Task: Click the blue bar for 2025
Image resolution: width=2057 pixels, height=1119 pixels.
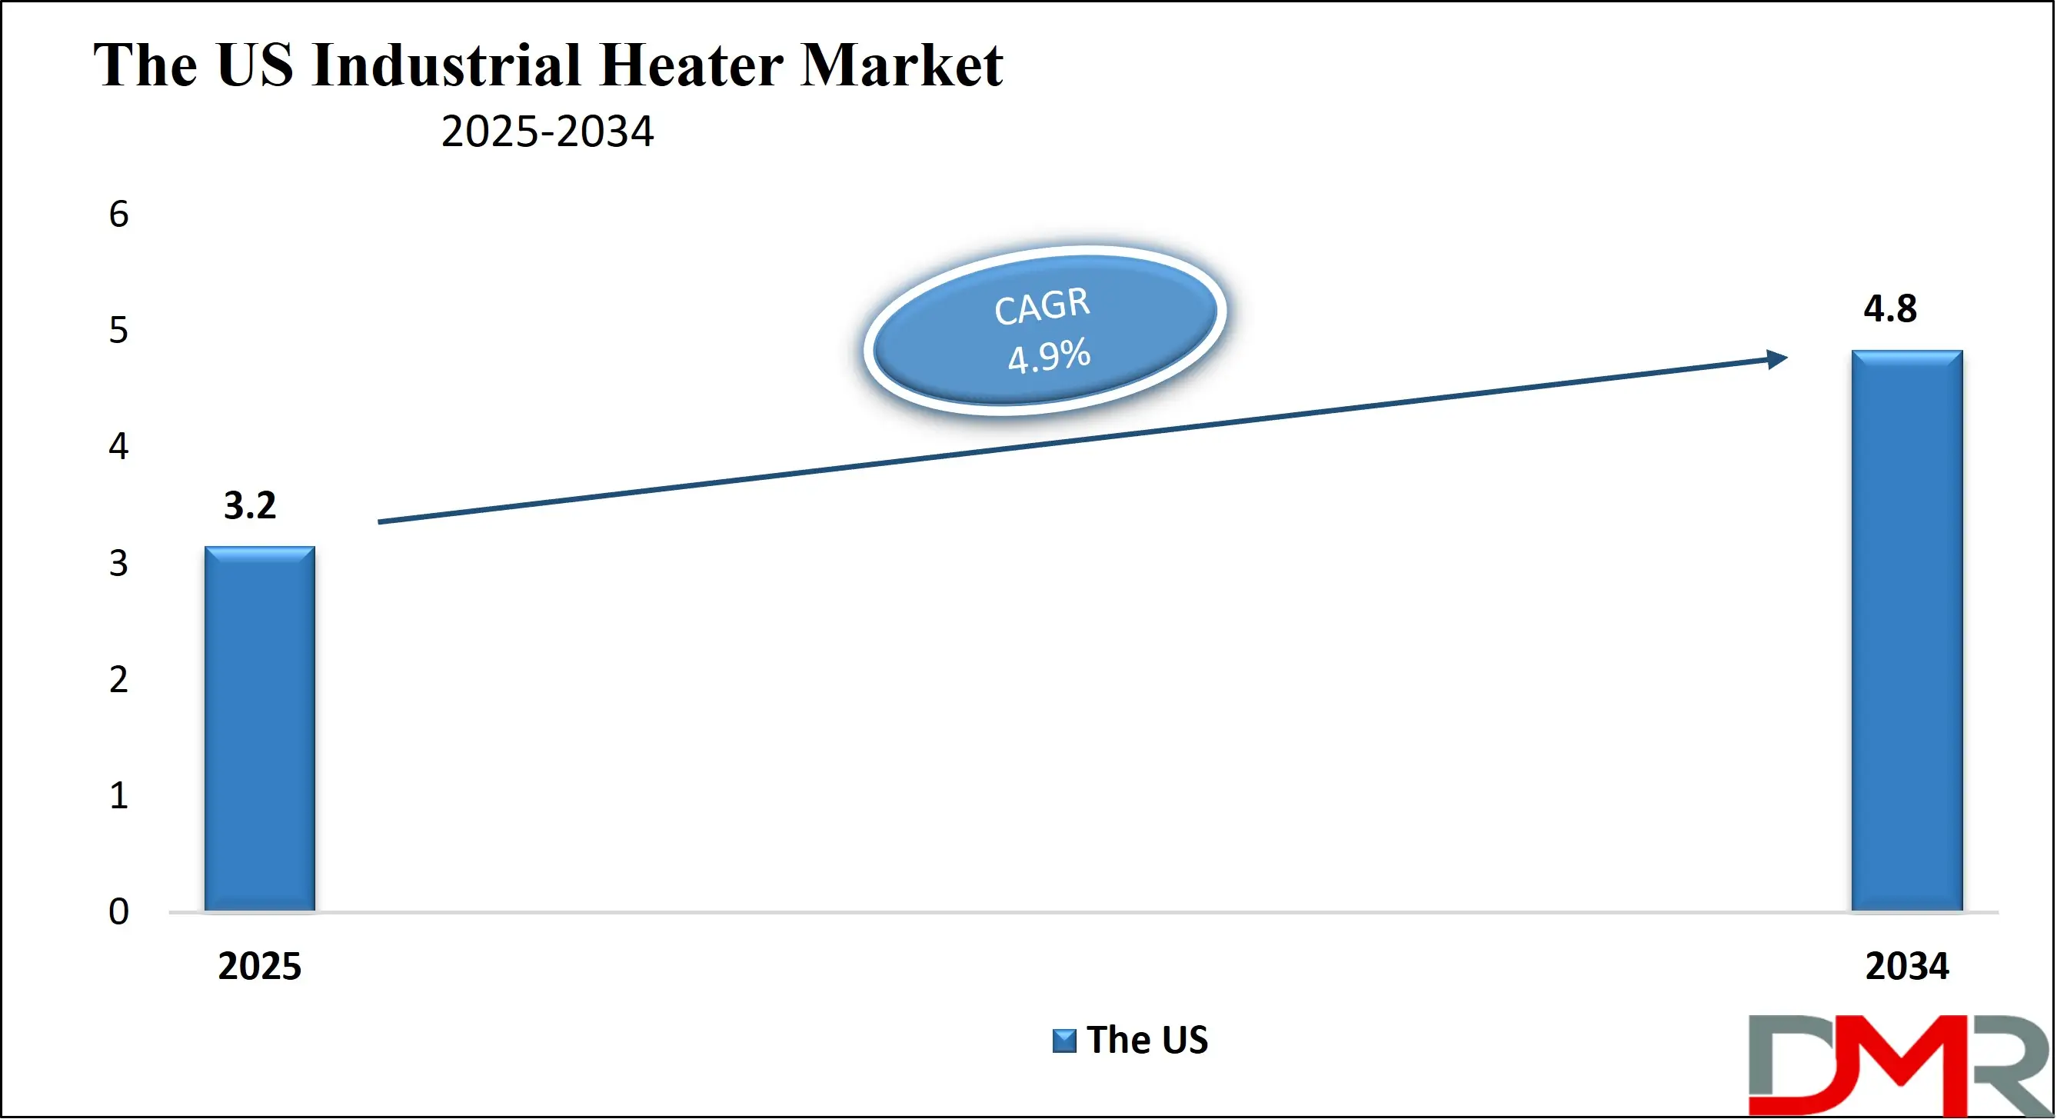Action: tap(259, 728)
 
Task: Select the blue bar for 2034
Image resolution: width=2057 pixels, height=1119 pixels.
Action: tap(1907, 631)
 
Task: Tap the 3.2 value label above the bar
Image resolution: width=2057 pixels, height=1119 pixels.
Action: tap(250, 505)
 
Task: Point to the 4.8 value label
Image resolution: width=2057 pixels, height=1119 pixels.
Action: tap(1890, 309)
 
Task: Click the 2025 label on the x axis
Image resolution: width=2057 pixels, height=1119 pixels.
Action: tap(259, 967)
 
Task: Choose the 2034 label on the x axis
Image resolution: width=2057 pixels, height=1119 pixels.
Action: tap(1907, 967)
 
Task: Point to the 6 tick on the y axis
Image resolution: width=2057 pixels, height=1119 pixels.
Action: tap(118, 215)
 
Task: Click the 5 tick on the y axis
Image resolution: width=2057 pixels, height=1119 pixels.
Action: tap(118, 331)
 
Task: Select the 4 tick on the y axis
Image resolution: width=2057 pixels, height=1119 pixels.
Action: tap(118, 447)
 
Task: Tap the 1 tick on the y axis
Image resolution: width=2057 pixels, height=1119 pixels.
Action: tap(118, 795)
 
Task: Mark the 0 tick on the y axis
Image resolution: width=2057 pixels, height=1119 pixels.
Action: tap(118, 911)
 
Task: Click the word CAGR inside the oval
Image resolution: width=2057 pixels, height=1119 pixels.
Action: tap(1041, 306)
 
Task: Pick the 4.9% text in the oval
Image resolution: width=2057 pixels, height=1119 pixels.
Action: tap(1048, 356)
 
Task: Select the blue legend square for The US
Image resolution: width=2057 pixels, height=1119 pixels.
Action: tap(1063, 1041)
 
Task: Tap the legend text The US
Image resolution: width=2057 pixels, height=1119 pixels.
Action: tap(1147, 1040)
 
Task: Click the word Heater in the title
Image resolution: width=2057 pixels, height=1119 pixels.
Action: tap(691, 65)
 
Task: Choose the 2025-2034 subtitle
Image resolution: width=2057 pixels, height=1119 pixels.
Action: tap(547, 132)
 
